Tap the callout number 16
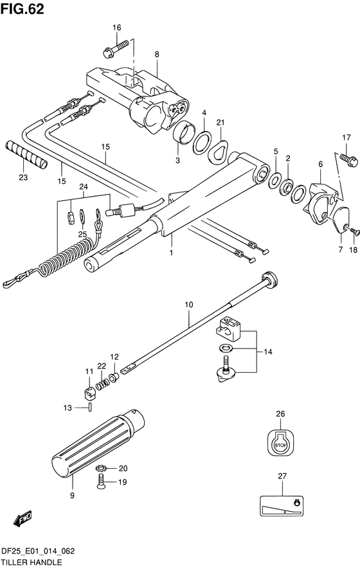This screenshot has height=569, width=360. (x=117, y=27)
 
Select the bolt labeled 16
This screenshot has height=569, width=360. (x=114, y=46)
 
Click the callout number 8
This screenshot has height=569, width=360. (x=156, y=55)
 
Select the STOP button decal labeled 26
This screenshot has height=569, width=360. (x=280, y=442)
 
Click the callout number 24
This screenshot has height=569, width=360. (x=82, y=187)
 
